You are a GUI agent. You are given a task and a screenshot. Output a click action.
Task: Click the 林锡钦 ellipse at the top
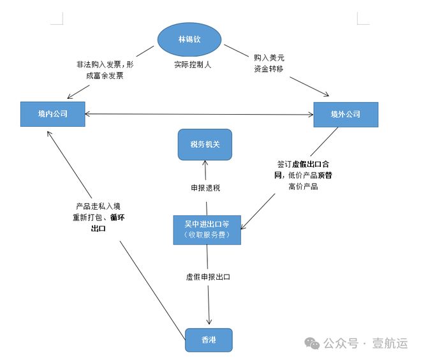pos(189,40)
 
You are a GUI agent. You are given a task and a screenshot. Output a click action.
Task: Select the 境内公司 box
pos(52,114)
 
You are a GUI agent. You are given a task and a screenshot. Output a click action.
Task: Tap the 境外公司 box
pos(345,114)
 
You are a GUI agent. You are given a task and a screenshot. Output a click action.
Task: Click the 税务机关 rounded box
pos(204,144)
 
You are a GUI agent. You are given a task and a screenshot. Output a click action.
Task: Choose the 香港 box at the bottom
pos(208,340)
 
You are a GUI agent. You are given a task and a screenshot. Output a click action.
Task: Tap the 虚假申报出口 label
pos(207,277)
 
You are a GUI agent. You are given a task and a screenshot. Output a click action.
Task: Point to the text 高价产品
pos(302,187)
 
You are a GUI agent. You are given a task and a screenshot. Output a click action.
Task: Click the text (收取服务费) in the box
pos(208,236)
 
